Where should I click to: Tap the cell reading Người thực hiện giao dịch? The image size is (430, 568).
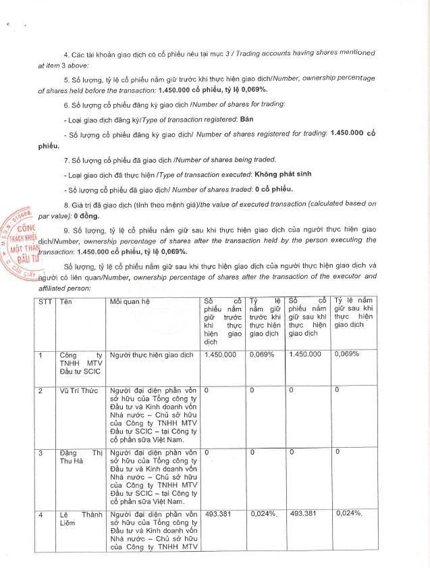coord(151,354)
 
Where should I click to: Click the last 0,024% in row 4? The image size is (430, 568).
coord(350,515)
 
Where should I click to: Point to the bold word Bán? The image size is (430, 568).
coord(227,118)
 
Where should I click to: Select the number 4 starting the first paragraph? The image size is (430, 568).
coord(65,54)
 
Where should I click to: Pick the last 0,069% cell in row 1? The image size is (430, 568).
coord(346,354)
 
